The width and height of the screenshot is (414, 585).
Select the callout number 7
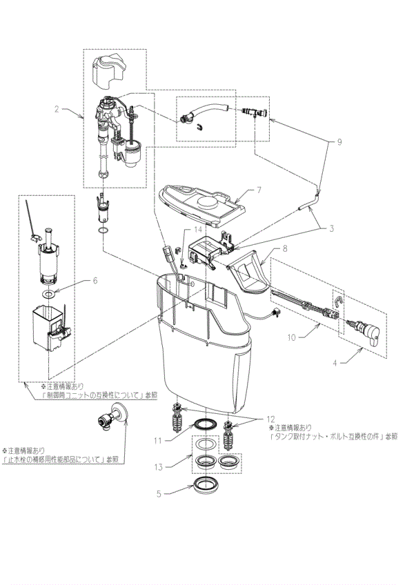259,188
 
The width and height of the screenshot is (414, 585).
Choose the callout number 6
95,281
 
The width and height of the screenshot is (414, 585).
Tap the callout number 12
270,419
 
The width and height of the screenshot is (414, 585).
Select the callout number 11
157,439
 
